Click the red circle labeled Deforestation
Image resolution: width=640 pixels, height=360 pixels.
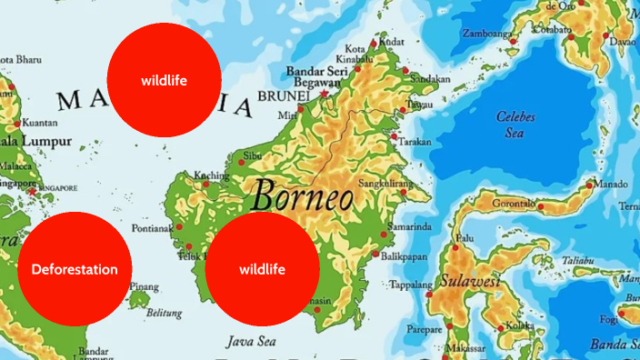(x=75, y=269)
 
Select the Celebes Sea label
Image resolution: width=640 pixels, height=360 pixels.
(x=515, y=124)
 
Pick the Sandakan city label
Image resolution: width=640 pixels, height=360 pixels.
(x=430, y=79)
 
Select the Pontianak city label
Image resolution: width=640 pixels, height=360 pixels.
(x=151, y=228)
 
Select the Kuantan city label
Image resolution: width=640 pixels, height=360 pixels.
(x=39, y=123)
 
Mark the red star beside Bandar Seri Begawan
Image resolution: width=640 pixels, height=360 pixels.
(x=325, y=94)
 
